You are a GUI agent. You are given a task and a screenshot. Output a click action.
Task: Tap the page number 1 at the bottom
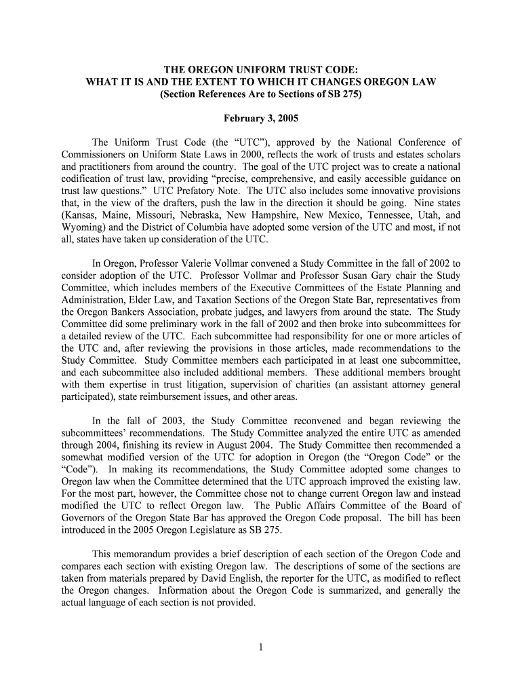pos(261,647)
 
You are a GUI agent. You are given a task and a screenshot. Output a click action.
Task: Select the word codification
pos(89,179)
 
